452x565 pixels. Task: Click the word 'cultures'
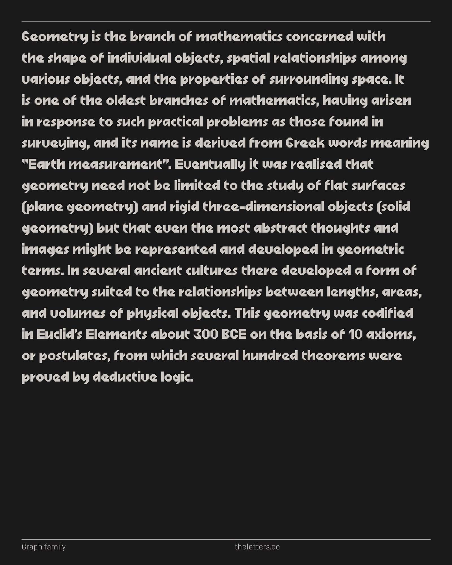click(x=212, y=271)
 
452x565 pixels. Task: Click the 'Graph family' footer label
click(x=44, y=547)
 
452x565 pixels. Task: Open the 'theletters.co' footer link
click(x=257, y=547)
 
